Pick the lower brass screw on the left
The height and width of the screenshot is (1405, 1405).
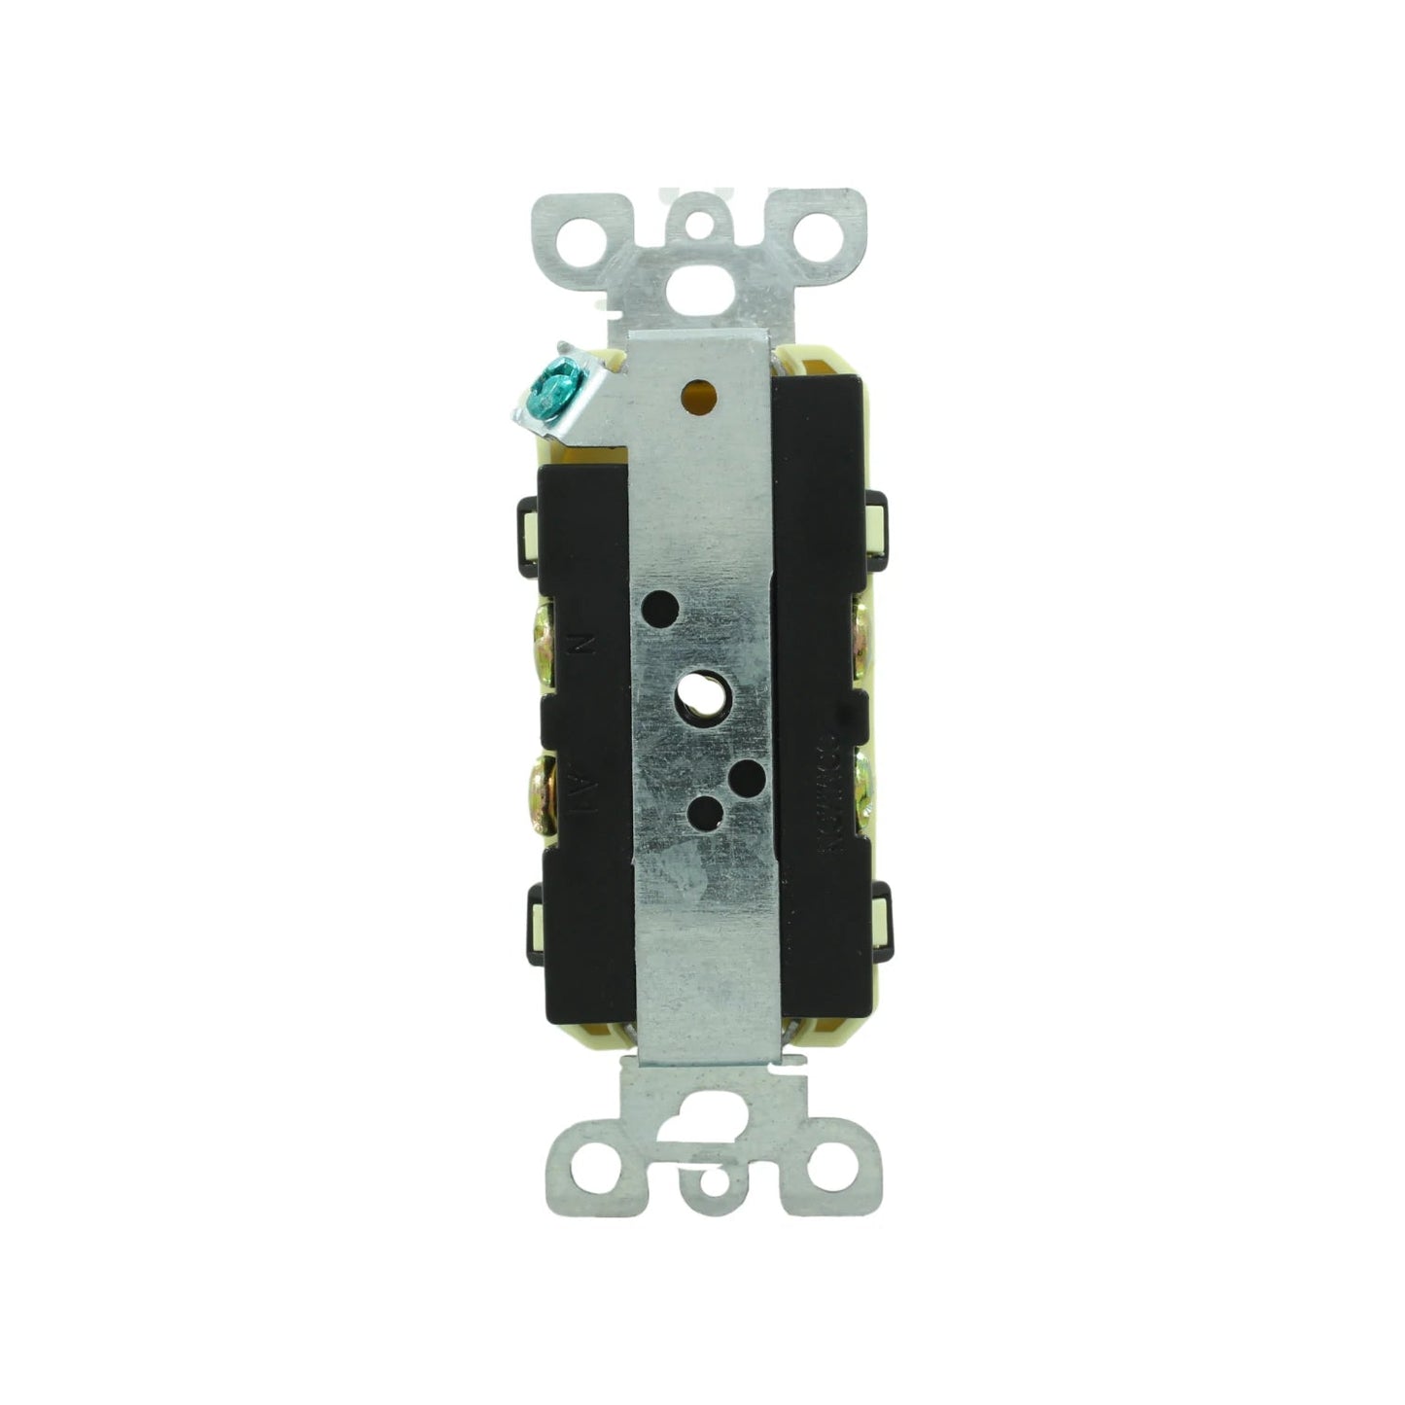click(539, 792)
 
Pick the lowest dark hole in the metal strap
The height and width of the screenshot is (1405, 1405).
click(702, 809)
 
